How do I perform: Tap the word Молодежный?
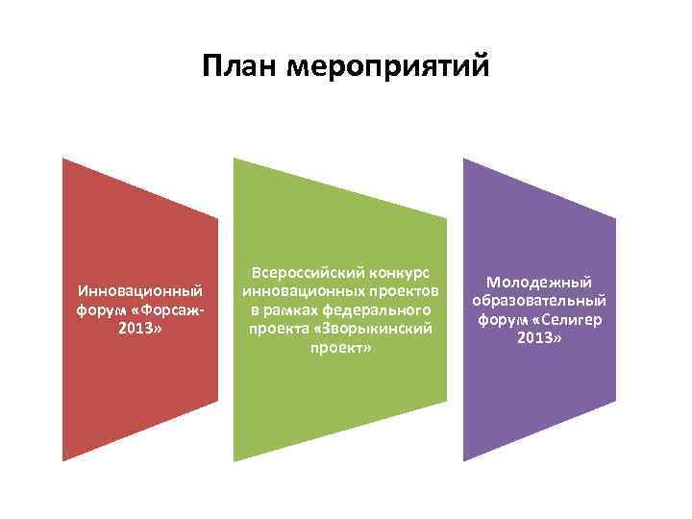click(538, 283)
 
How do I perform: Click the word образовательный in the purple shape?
click(538, 301)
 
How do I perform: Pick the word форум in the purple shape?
click(501, 319)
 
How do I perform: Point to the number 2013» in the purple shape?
click(538, 337)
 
